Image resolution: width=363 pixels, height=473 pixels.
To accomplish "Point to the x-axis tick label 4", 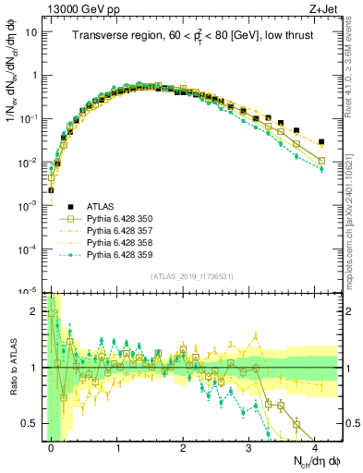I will (315, 446).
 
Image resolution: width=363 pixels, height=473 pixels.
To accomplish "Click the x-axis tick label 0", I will (52, 446).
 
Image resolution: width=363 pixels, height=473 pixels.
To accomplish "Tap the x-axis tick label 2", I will (184, 446).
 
